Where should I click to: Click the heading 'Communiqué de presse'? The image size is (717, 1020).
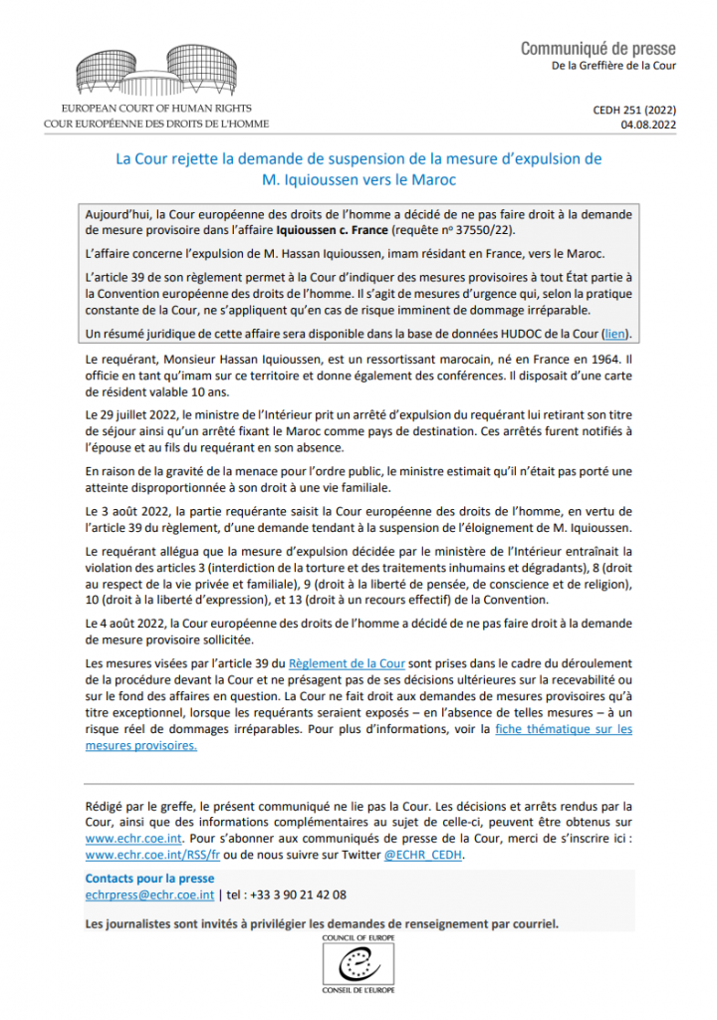pyautogui.click(x=597, y=48)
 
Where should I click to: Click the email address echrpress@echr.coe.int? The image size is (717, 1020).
pyautogui.click(x=142, y=895)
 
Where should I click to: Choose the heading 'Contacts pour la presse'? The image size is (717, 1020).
pyautogui.click(x=149, y=879)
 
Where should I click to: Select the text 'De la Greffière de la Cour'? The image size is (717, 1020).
pyautogui.click(x=612, y=66)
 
